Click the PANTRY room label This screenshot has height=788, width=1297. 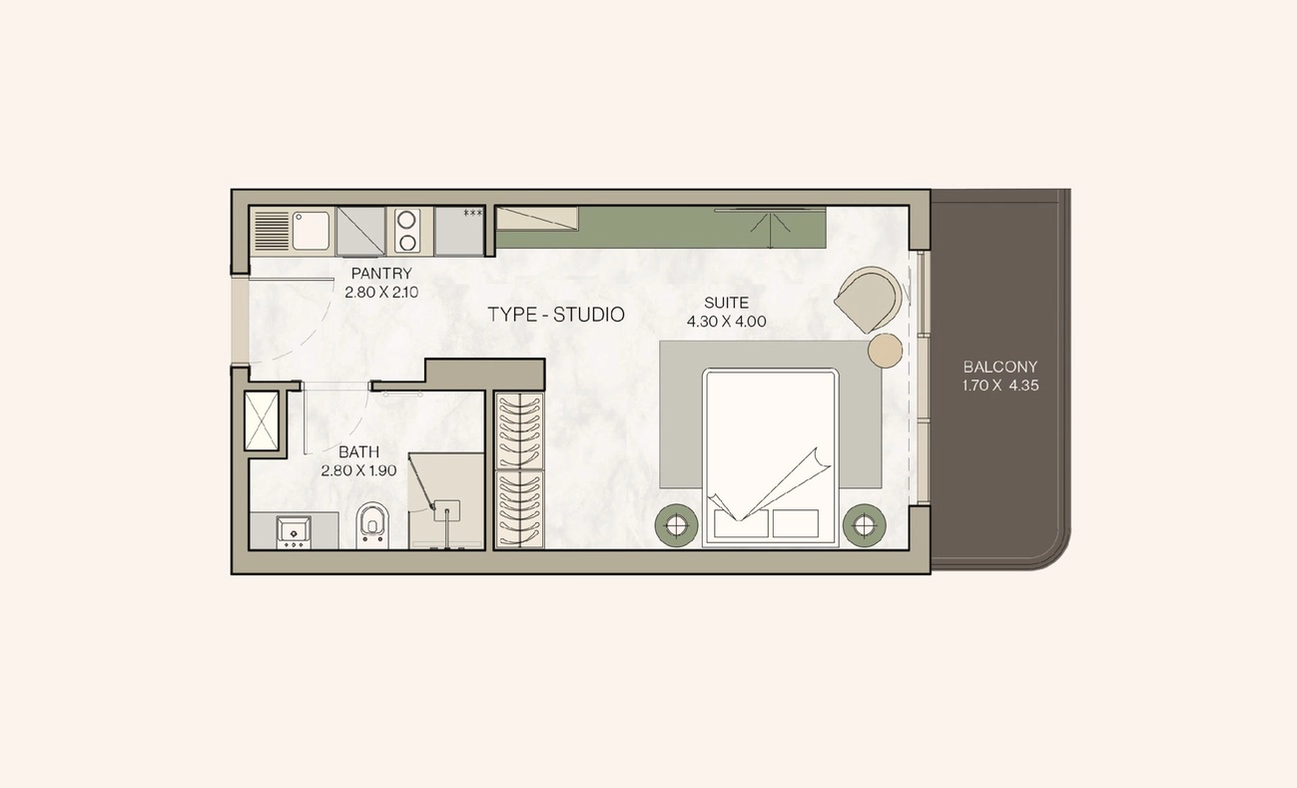click(381, 274)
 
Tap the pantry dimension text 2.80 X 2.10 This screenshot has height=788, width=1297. click(381, 293)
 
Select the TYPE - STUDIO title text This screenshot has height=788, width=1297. click(556, 315)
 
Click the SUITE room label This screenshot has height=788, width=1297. click(726, 303)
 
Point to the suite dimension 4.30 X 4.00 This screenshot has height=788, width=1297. click(727, 322)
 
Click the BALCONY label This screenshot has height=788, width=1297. click(1000, 367)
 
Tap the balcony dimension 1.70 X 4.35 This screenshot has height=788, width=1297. click(1000, 386)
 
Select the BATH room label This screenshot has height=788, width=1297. click(359, 451)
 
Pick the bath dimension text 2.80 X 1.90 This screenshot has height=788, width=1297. click(359, 470)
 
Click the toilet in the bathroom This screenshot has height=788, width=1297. click(371, 525)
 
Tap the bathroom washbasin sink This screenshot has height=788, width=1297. click(294, 532)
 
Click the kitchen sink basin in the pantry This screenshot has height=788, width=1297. click(312, 231)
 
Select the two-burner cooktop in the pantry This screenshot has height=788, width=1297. click(406, 231)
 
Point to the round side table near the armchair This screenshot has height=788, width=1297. click(885, 351)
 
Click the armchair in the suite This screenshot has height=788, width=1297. click(869, 300)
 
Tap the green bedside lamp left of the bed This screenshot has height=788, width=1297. click(676, 525)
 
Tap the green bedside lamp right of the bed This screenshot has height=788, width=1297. click(864, 525)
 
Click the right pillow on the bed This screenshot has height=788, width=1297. click(796, 522)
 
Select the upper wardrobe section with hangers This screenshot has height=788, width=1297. click(520, 431)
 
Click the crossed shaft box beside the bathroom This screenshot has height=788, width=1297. click(262, 420)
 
